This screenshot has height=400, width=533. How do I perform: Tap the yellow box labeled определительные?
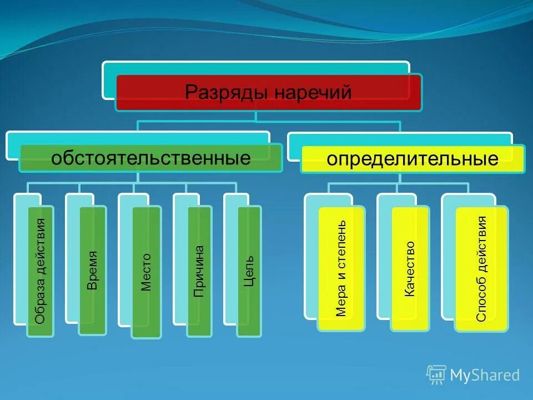[x=413, y=159]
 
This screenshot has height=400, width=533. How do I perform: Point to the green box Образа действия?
[x=41, y=271]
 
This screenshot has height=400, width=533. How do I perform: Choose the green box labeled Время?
[x=92, y=271]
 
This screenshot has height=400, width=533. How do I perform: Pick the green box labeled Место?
[x=146, y=272]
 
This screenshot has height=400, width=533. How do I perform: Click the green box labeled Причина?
[x=199, y=271]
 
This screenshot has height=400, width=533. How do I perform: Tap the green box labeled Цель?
[x=249, y=271]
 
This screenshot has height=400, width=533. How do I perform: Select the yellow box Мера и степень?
[x=341, y=268]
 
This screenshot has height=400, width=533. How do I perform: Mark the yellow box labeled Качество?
[x=410, y=268]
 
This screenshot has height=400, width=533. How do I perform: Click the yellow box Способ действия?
[x=481, y=269]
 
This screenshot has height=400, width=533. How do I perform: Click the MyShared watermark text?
[x=485, y=376]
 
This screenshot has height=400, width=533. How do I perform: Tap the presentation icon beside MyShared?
[x=436, y=375]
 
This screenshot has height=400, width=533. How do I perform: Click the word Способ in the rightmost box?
[x=481, y=298]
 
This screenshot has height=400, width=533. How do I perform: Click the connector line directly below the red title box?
[x=255, y=116]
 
